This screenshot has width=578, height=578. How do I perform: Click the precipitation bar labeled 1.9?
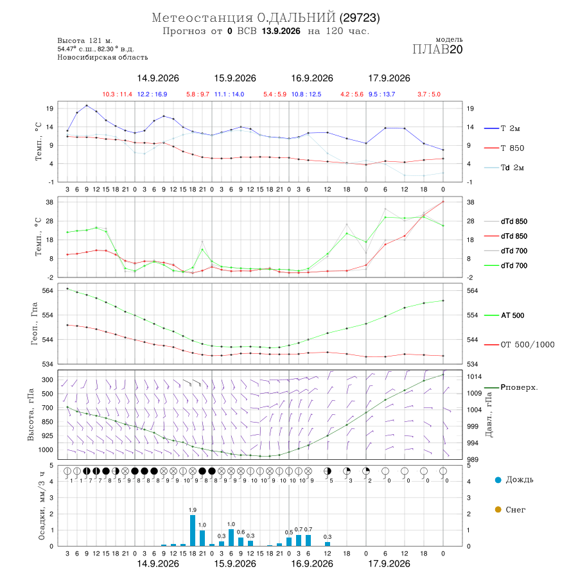click(193, 530)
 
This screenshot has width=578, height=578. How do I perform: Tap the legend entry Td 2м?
click(504, 168)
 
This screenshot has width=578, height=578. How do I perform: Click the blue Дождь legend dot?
click(498, 480)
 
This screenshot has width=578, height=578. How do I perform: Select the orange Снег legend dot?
click(498, 509)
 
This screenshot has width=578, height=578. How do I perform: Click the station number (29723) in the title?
click(360, 18)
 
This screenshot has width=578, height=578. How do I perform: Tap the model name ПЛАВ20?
click(437, 49)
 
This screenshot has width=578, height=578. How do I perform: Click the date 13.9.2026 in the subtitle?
click(281, 31)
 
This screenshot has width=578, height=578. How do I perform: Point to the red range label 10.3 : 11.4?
click(118, 94)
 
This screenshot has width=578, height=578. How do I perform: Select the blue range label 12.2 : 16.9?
click(152, 94)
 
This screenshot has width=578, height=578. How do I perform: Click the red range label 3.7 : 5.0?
click(429, 94)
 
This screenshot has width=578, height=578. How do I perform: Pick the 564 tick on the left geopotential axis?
click(48, 290)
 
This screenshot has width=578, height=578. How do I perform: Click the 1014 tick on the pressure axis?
click(474, 376)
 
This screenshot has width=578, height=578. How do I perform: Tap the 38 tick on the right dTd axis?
click(470, 202)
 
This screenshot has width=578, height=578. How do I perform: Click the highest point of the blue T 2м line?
click(87, 105)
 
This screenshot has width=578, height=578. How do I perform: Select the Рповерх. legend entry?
click(511, 387)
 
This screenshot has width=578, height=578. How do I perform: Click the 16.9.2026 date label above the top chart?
click(312, 78)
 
